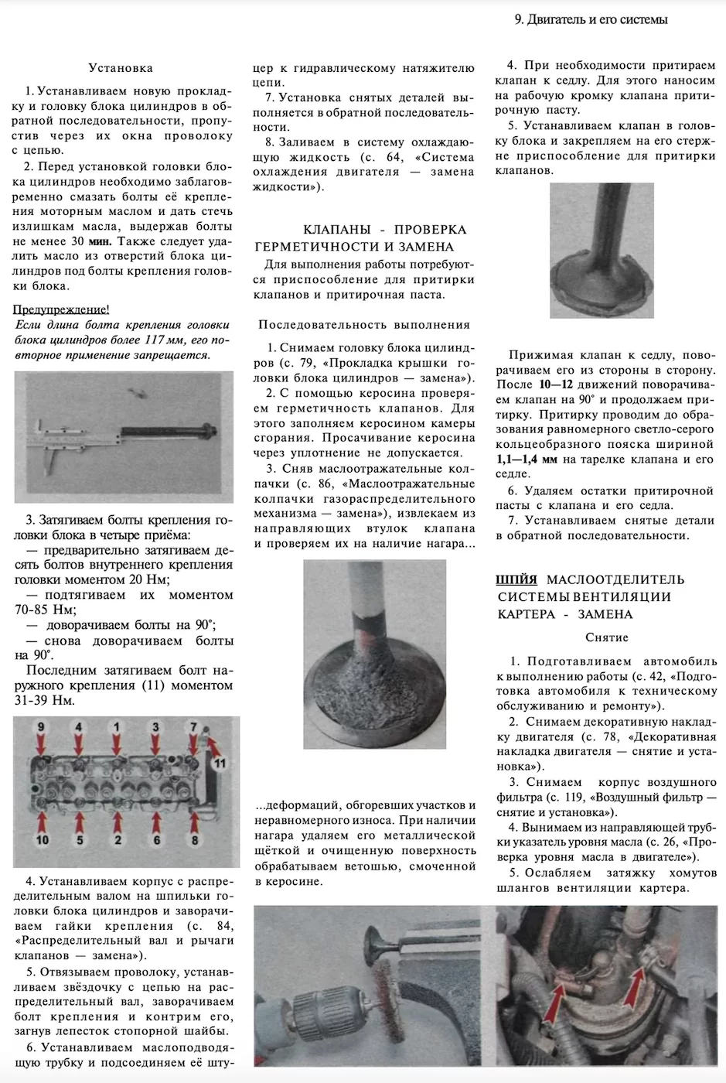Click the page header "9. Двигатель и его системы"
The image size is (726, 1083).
pyautogui.click(x=591, y=19)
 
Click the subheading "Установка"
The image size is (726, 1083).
pyautogui.click(x=121, y=68)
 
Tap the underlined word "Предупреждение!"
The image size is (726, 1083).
pyautogui.click(x=62, y=309)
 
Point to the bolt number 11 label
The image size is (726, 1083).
pyautogui.click(x=220, y=763)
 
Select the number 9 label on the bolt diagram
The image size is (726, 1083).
pyautogui.click(x=41, y=726)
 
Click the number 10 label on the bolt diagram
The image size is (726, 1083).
pyautogui.click(x=42, y=839)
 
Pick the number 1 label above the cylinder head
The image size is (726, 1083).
pyautogui.click(x=117, y=726)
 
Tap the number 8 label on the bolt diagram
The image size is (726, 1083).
pyautogui.click(x=195, y=839)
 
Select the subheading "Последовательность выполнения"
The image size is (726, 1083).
pyautogui.click(x=364, y=325)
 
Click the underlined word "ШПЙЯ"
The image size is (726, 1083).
pyautogui.click(x=516, y=579)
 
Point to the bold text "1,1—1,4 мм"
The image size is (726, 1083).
pyautogui.click(x=527, y=460)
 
